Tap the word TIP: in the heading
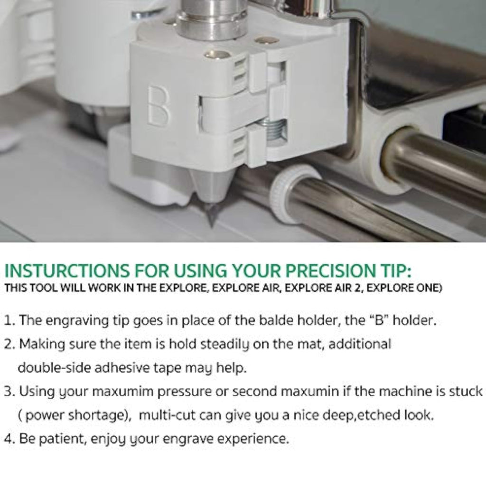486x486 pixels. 395,271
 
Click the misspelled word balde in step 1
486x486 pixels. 277,320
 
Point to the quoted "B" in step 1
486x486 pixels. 380,320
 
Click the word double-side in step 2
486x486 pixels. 54,368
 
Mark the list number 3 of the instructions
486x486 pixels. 9,392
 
